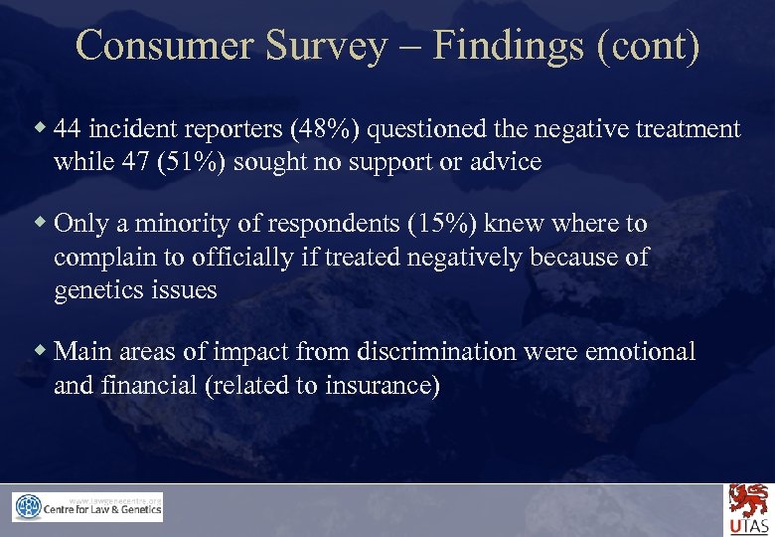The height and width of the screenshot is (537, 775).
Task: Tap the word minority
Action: [x=175, y=224]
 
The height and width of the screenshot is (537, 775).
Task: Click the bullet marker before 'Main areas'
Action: [x=41, y=350]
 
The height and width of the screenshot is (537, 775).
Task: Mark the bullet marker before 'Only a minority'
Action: [x=41, y=223]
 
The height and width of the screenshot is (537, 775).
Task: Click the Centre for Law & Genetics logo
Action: [x=87, y=507]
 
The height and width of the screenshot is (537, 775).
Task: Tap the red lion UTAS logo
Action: [x=748, y=508]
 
